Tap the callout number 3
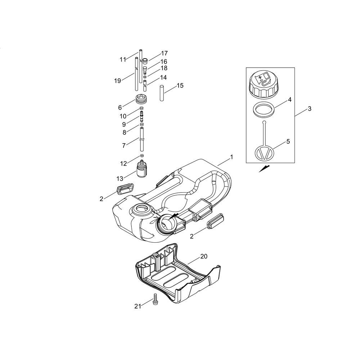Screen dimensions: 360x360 click(310, 109)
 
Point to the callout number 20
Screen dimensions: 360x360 click(204, 256)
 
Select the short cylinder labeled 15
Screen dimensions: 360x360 click(162, 93)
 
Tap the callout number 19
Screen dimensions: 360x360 click(118, 81)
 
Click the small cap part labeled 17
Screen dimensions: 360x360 click(145, 61)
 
